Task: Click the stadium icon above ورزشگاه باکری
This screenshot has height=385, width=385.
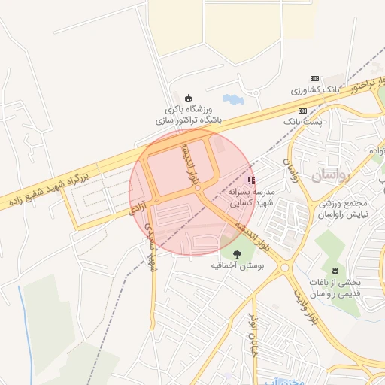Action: [x=188, y=97]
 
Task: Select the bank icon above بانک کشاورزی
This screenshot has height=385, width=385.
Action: [x=314, y=79]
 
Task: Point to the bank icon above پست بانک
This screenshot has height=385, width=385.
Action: [x=302, y=110]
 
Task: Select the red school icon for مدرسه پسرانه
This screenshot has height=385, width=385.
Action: [x=250, y=180]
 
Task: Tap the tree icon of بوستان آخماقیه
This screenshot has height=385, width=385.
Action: [x=238, y=253]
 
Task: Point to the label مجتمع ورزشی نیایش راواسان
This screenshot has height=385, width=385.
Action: [x=347, y=208]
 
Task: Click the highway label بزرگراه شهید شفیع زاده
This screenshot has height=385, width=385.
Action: [x=45, y=189]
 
